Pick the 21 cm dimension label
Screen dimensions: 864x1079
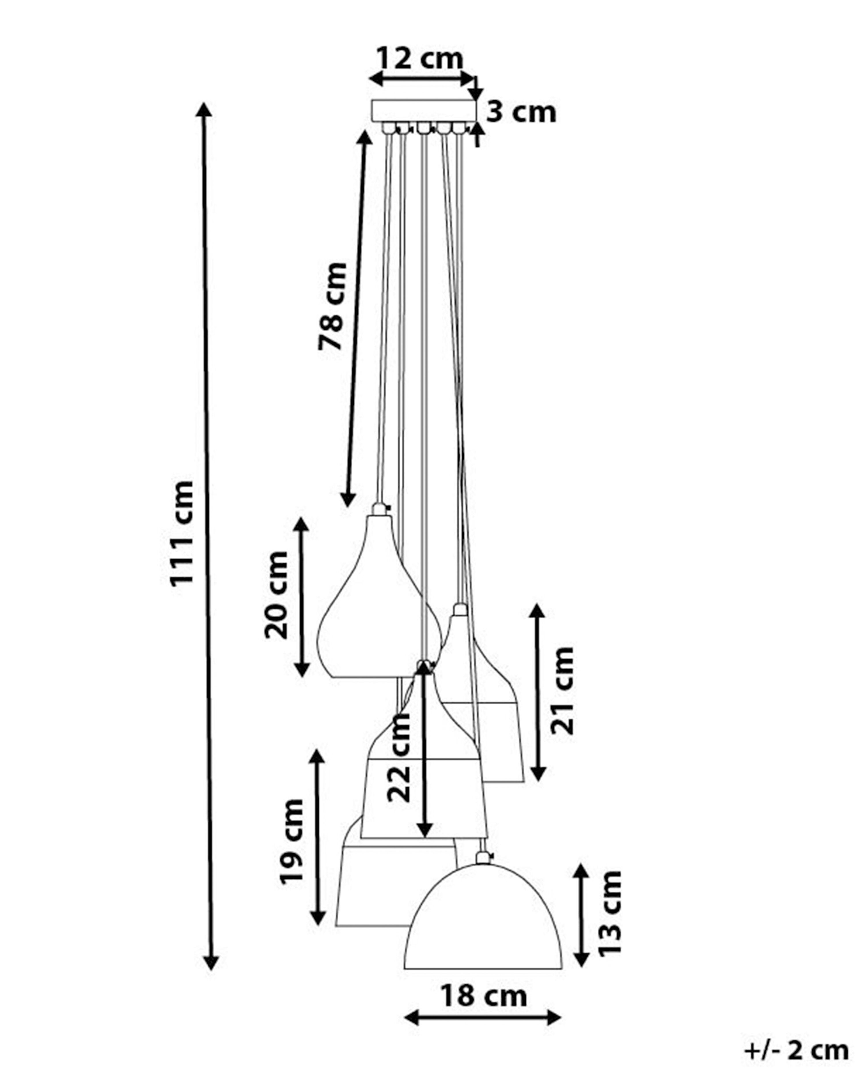point(562,691)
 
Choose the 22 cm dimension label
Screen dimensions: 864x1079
point(399,758)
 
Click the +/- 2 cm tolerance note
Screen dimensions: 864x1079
point(796,1051)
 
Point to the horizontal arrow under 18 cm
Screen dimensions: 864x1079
point(482,1017)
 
